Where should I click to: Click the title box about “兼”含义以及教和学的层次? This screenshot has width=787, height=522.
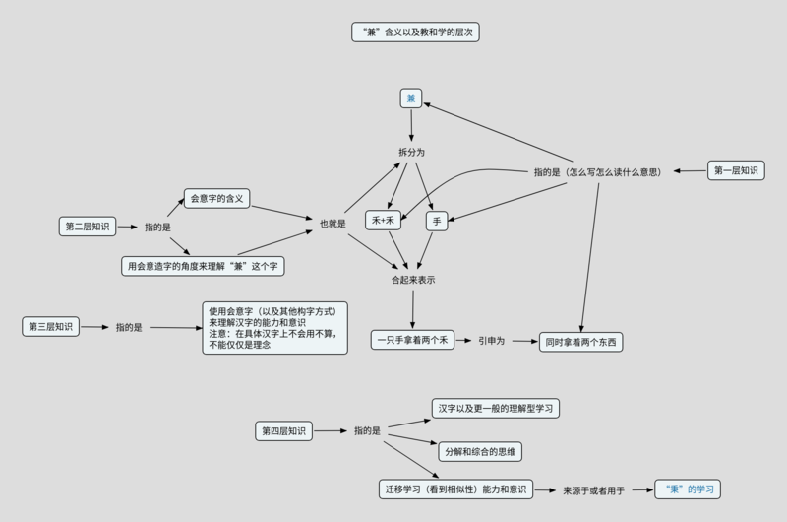[x=415, y=33]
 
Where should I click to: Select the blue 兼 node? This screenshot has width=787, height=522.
[x=410, y=98]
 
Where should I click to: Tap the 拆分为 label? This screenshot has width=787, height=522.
[x=411, y=153]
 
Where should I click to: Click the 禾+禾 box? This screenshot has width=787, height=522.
[x=383, y=220]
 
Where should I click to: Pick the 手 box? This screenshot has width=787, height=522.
[x=437, y=221]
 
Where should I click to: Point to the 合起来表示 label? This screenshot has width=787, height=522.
[x=413, y=280]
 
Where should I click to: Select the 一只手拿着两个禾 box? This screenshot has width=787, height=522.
[x=412, y=340]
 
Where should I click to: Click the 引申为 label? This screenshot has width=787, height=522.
[x=491, y=341]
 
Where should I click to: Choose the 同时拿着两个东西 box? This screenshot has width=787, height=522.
[x=580, y=342]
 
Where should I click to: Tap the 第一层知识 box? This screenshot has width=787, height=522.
[x=736, y=170]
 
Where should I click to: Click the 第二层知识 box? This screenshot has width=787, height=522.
[x=88, y=227]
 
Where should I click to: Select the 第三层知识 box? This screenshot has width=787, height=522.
[x=51, y=327]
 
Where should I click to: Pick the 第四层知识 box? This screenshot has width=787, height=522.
[x=283, y=431]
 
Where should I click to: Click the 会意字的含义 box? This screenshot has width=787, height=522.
[x=216, y=198]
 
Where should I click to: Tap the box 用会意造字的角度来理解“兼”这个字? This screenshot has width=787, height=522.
[x=203, y=266]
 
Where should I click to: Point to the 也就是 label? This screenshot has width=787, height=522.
[x=333, y=224]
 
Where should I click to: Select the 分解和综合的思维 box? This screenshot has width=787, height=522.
[x=480, y=452]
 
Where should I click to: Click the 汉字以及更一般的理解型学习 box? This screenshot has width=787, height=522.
[x=496, y=409]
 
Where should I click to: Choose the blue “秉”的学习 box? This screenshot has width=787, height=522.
[x=688, y=489]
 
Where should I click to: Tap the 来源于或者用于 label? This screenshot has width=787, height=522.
[x=593, y=490]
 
